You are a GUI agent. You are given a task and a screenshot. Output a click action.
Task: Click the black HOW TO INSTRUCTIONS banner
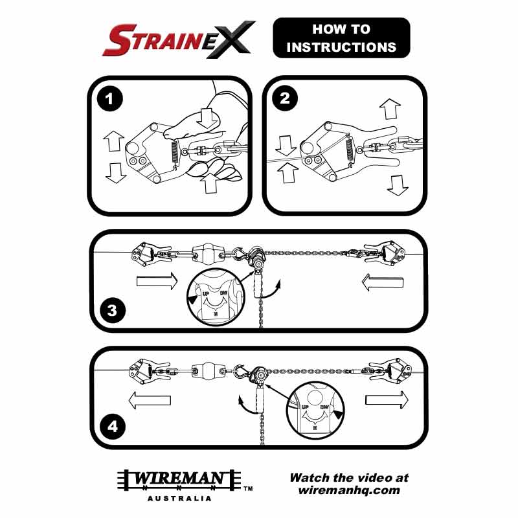pos(341,38)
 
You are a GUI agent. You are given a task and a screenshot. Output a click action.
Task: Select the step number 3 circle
pos(113,310)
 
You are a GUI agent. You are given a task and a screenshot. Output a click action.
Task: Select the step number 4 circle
pos(113,427)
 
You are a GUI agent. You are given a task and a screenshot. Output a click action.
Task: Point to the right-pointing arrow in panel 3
pos(156,282)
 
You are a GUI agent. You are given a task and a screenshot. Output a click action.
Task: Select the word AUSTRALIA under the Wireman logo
pos(179,499)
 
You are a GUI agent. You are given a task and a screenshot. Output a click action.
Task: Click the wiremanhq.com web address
pos(349,490)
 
